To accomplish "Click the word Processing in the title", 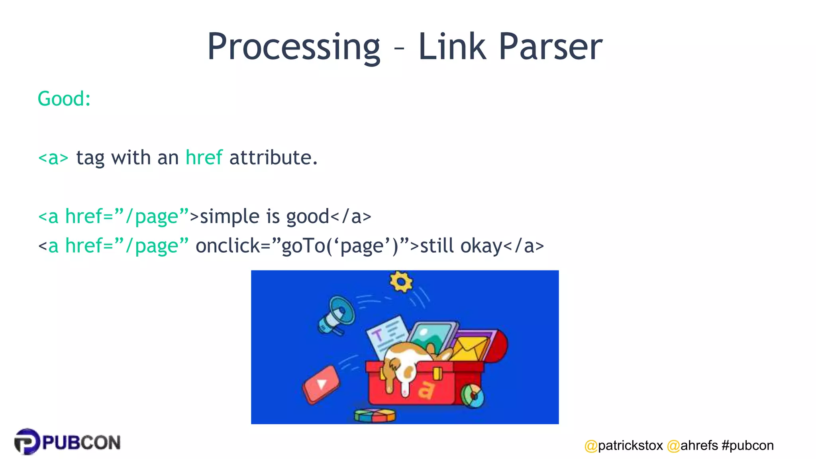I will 294,47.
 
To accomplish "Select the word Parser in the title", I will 550,47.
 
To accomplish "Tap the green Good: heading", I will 64,98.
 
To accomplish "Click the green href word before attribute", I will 204,157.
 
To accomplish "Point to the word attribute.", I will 273,157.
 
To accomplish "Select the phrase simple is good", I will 265,216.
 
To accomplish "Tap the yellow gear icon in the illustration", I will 401,282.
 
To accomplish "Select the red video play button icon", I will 321,384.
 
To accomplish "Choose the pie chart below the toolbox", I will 375,415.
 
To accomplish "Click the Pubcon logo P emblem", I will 27,441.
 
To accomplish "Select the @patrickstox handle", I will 624,445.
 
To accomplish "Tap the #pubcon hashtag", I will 747,445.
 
